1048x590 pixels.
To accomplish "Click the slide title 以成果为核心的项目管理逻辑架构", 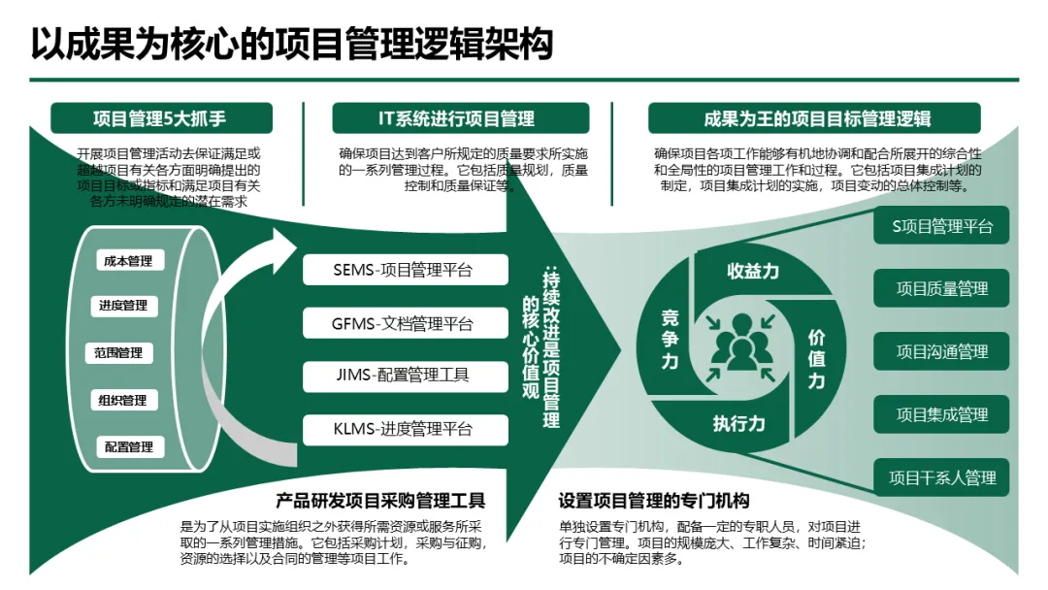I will pos(291,43).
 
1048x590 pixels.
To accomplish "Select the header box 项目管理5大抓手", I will pos(160,118).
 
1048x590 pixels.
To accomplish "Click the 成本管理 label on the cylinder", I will pos(129,261).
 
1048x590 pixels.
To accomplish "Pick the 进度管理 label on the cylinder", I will pos(123,306).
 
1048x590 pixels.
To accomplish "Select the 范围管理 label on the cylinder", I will pos(119,352).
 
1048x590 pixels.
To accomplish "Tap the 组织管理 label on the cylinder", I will pos(122,400).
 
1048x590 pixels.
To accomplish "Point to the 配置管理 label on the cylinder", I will pos(129,446).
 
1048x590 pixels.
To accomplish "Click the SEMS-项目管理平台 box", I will pos(404,270).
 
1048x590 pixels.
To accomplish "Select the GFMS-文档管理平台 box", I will pos(404,323).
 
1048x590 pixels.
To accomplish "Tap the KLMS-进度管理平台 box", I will pos(404,428).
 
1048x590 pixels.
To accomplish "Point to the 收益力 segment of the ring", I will pos(753,271).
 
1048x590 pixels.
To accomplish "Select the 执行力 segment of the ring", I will pos(739,423).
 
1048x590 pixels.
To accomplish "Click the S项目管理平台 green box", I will pos(942,226).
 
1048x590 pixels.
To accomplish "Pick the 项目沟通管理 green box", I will pos(942,351).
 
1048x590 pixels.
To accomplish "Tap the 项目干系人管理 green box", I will pos(942,477).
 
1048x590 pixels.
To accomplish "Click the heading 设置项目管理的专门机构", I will pos(654,501).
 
